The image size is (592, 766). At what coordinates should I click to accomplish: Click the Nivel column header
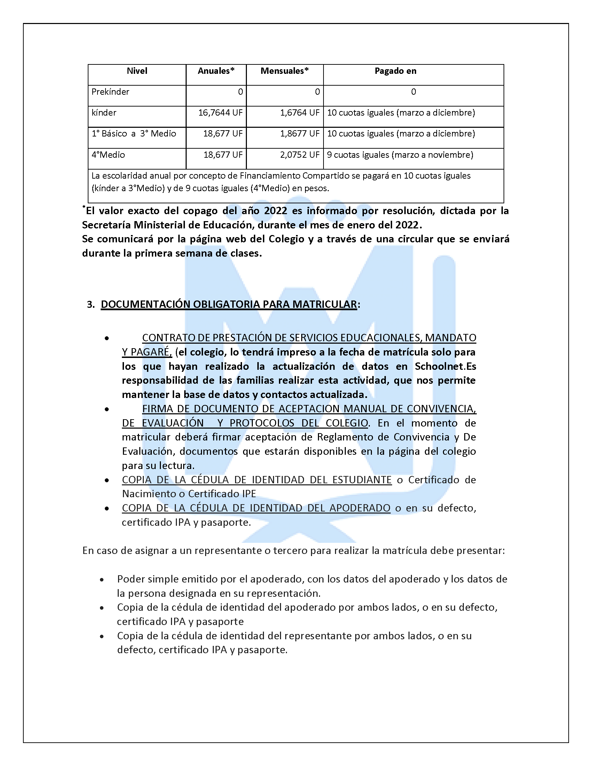(x=137, y=71)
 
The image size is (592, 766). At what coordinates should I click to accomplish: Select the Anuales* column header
(x=216, y=71)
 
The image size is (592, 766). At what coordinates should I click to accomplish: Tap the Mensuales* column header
(x=285, y=71)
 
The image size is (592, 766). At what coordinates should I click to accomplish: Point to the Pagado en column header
(x=395, y=71)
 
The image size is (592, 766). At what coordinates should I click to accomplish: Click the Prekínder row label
(x=110, y=92)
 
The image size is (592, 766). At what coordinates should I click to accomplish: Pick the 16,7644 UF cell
(x=220, y=113)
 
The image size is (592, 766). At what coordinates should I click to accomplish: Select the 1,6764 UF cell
(x=299, y=113)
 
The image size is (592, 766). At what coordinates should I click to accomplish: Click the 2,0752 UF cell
(x=299, y=155)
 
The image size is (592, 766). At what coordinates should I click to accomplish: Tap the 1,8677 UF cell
(x=299, y=134)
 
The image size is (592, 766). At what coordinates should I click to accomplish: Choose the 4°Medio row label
(x=108, y=155)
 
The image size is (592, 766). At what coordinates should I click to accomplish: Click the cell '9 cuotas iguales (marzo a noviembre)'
(x=400, y=155)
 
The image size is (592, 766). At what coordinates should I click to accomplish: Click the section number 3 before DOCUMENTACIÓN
(x=90, y=304)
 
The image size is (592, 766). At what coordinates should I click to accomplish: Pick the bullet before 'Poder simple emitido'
(x=102, y=580)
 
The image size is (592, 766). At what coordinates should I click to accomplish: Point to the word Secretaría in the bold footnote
(x=106, y=225)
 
